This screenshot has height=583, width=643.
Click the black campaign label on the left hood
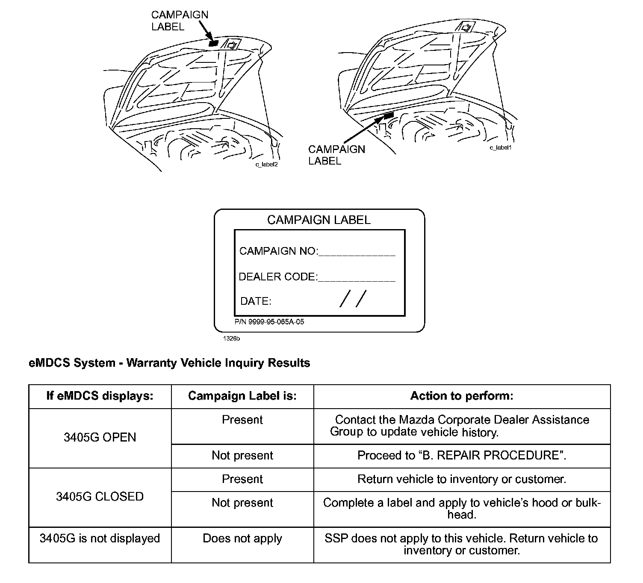(213, 43)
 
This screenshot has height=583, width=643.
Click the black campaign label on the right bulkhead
(389, 115)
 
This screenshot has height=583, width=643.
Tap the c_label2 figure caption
(266, 165)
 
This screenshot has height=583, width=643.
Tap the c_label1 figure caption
(500, 147)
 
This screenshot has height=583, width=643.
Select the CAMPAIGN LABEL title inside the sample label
(319, 220)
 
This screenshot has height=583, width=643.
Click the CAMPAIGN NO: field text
(278, 251)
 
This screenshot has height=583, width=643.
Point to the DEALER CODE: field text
(278, 277)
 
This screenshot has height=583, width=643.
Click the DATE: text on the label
(256, 301)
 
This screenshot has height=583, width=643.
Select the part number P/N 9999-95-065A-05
(269, 322)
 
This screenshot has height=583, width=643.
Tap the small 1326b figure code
(231, 339)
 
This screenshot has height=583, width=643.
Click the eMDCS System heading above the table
(169, 363)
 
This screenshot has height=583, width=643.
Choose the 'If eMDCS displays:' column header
(100, 396)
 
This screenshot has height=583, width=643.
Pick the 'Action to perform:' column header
(462, 396)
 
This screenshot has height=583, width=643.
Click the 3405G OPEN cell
(100, 437)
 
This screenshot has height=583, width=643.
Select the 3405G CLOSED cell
(100, 497)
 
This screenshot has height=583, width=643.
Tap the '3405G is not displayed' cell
(100, 538)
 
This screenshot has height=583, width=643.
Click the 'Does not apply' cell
(242, 539)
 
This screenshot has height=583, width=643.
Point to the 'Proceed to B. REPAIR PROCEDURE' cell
(462, 456)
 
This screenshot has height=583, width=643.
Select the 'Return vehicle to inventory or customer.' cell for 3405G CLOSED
(462, 479)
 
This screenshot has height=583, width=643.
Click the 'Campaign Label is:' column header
(242, 396)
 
